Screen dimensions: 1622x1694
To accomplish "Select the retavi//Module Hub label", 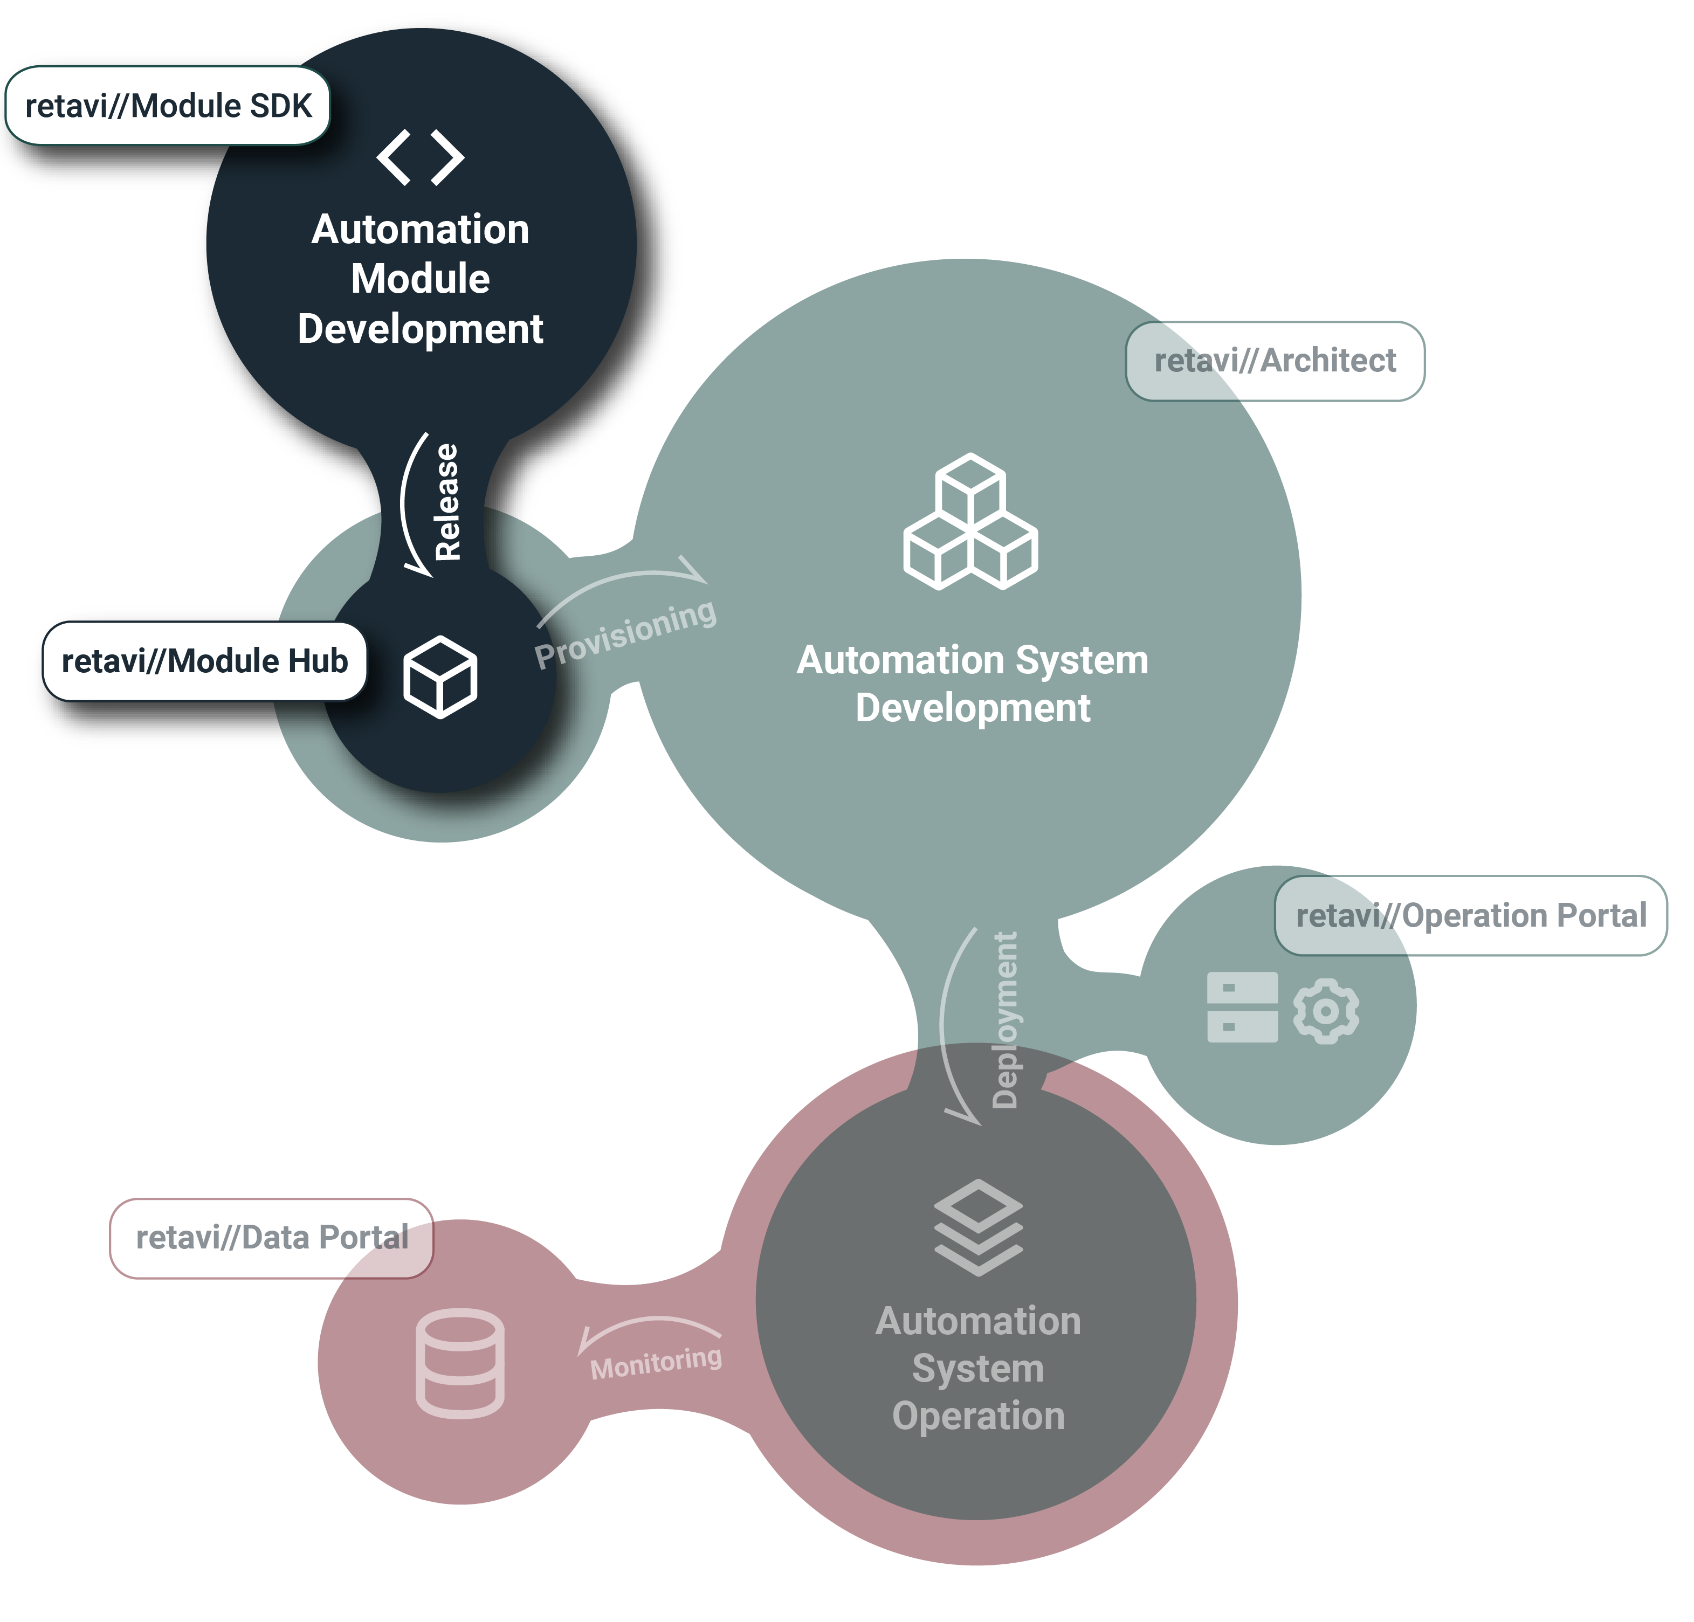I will [205, 661].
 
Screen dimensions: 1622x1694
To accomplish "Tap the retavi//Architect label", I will [1275, 360].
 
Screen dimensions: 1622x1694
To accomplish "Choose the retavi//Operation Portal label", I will [1471, 915].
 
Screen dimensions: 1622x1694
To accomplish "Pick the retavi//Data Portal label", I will [271, 1238].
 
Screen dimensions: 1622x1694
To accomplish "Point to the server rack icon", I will [1242, 1007].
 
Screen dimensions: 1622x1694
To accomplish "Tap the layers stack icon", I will [979, 1227].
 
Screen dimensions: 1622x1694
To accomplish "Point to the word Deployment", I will [1005, 1020].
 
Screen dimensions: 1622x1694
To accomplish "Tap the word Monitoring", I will [656, 1363].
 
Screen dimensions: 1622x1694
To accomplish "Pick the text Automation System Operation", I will [979, 1369].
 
